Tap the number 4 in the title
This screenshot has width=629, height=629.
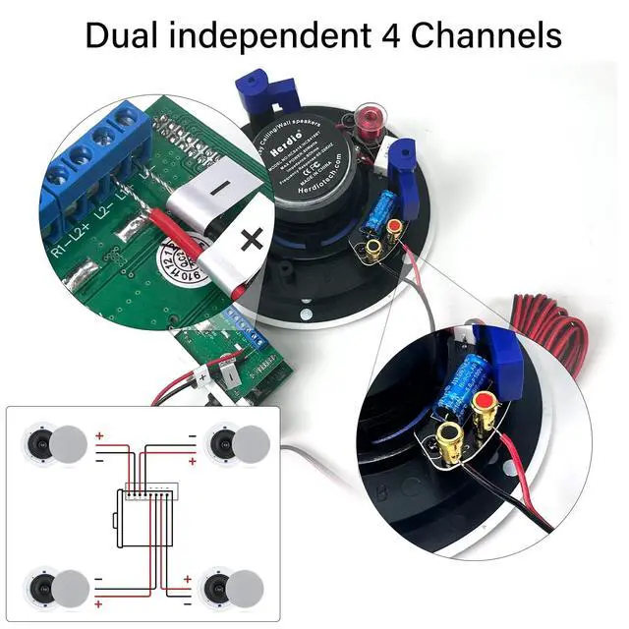click(x=390, y=36)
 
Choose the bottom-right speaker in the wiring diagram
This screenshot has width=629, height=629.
click(x=235, y=587)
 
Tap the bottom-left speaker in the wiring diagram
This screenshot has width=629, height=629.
click(x=58, y=587)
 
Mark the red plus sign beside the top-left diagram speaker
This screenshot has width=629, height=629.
click(x=100, y=435)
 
